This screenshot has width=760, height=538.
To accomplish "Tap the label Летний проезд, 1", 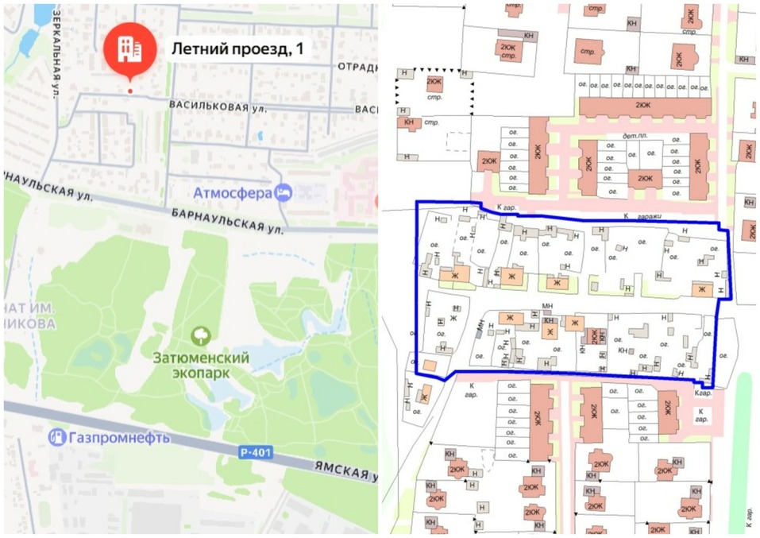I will [x=237, y=48].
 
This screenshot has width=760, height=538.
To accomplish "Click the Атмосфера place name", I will [x=233, y=193].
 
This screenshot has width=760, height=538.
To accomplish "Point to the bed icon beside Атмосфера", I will [x=284, y=193].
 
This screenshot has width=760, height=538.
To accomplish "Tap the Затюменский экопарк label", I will [x=201, y=365].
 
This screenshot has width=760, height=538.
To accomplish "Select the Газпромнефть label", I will [x=120, y=436].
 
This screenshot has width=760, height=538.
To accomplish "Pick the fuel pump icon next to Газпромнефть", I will [x=57, y=436].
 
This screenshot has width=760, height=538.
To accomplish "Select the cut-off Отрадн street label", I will [x=356, y=67].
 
